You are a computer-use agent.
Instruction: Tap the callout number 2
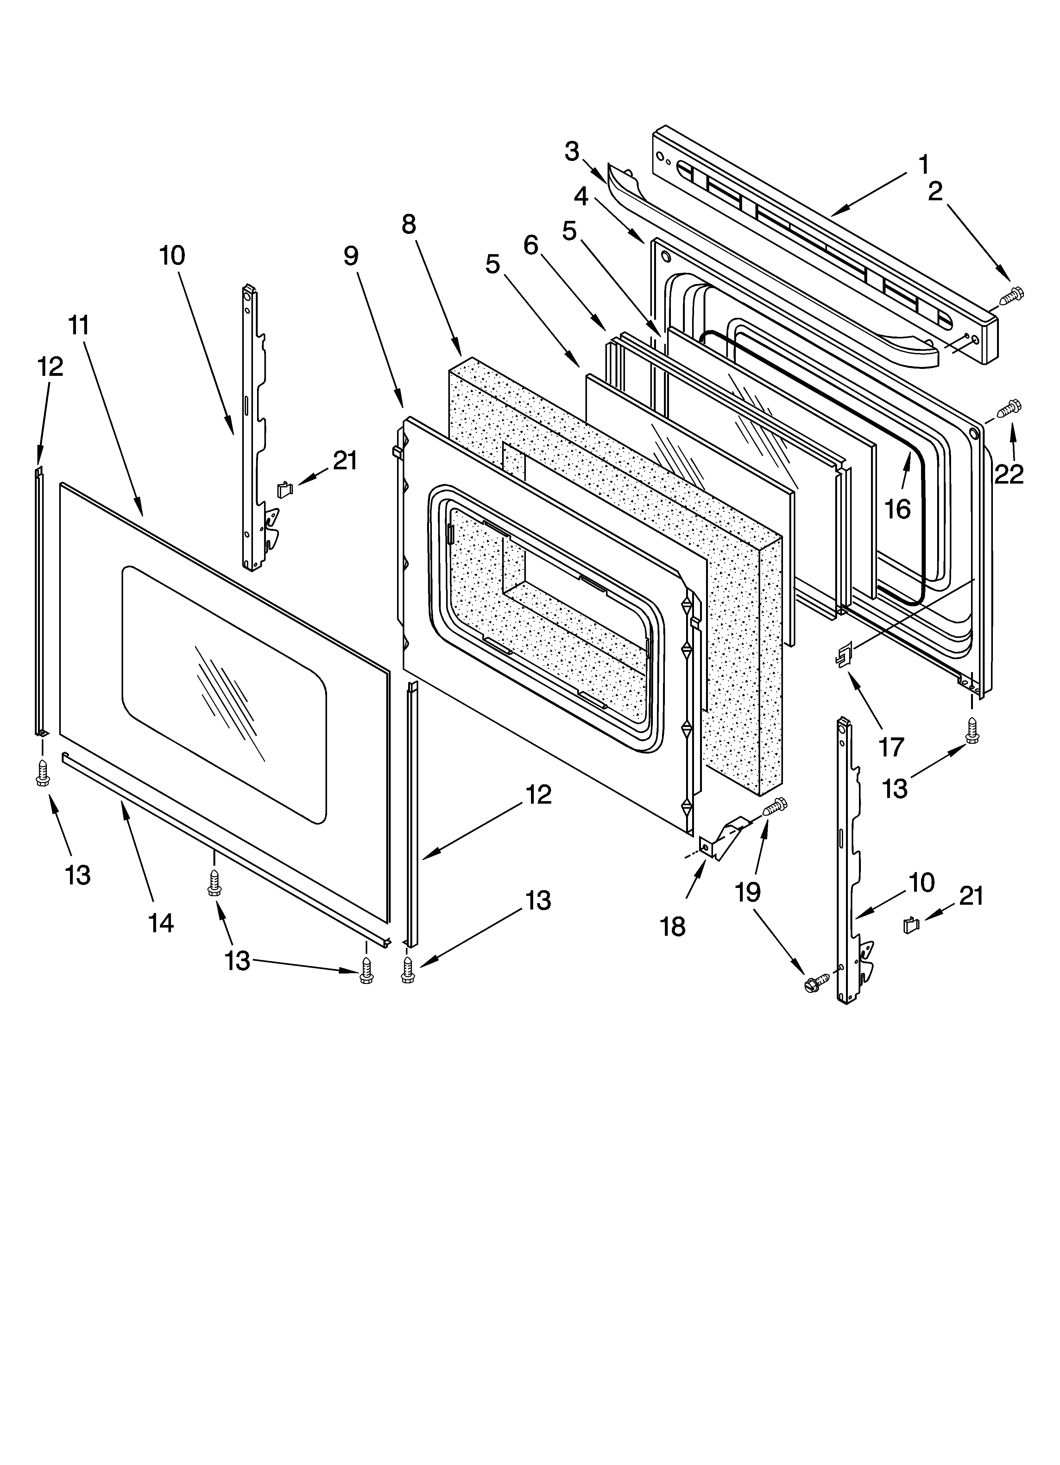(935, 191)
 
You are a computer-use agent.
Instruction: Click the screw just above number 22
(1010, 408)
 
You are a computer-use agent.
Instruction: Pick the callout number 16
(897, 509)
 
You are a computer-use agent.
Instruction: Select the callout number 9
(350, 256)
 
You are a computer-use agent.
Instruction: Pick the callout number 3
(572, 152)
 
